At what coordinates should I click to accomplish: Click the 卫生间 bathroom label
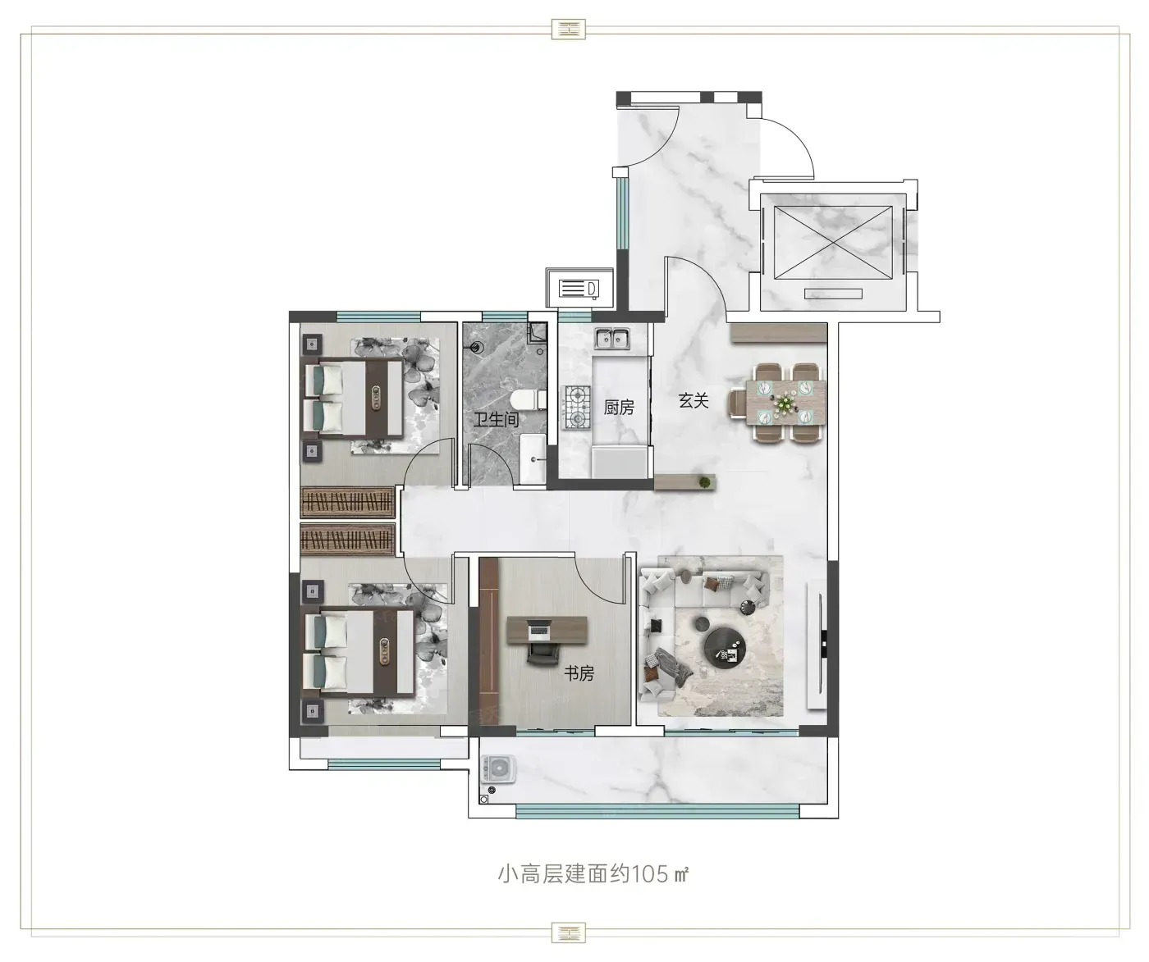[x=496, y=420]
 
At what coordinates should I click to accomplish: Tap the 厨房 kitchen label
[x=619, y=408]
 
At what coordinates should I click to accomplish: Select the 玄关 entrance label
[x=693, y=400]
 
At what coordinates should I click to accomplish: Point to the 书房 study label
[x=579, y=672]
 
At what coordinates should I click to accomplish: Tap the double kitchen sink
[x=612, y=338]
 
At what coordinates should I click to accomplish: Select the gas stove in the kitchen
[x=576, y=407]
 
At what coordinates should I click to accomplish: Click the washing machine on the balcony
[x=498, y=768]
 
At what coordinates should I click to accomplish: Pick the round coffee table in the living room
[x=726, y=647]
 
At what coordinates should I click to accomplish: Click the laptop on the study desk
[x=539, y=631]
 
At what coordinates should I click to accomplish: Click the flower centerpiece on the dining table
[x=782, y=404]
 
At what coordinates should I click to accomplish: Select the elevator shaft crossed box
[x=832, y=242]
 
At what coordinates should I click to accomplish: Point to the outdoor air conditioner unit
[x=579, y=288]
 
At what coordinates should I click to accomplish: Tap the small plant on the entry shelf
[x=704, y=482]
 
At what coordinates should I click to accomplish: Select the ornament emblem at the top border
[x=569, y=30]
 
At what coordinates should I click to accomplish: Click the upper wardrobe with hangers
[x=348, y=502]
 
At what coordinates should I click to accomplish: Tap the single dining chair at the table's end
[x=738, y=403]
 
